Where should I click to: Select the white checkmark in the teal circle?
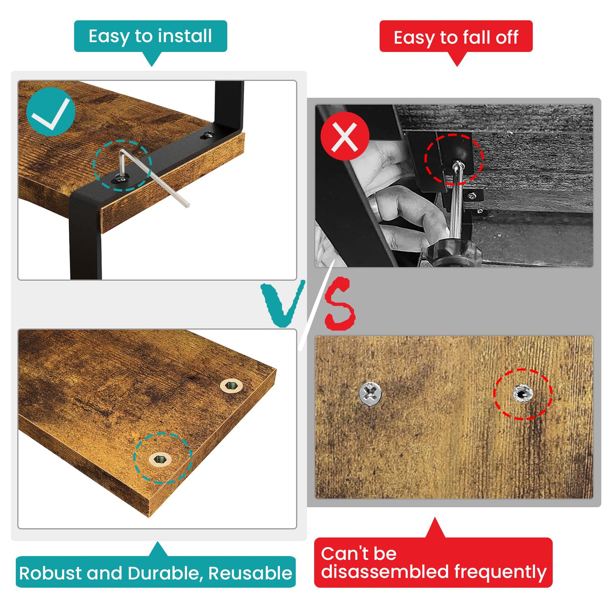coord(51,114)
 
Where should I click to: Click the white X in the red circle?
coord(345,137)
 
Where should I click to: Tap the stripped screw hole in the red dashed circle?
coord(523,394)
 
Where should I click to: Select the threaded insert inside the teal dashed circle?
coord(160,459)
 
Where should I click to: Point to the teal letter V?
coord(283,303)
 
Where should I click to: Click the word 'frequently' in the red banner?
coord(500,573)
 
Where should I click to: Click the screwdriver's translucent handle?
coord(451,251)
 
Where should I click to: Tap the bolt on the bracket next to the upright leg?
coord(208,135)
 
